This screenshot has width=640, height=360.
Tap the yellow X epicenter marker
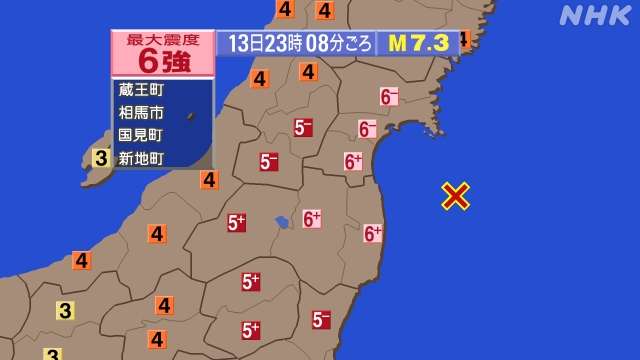coord(456,196)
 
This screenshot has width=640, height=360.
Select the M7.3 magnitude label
coord(418,43)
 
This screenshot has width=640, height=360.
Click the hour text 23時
coord(283,44)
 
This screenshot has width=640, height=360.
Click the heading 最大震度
coord(162,39)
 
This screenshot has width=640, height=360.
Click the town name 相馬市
coord(140,112)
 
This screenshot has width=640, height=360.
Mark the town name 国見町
coord(140,134)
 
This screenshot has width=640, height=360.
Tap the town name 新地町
coord(140,156)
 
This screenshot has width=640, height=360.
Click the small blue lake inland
coord(283,221)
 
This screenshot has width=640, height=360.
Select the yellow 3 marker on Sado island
coord(101,157)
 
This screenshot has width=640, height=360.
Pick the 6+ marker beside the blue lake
coord(312,218)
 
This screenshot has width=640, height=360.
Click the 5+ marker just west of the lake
coord(237,223)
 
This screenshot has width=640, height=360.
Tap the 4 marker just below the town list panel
coord(209,180)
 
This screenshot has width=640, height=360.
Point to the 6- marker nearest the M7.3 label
coord(389,97)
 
